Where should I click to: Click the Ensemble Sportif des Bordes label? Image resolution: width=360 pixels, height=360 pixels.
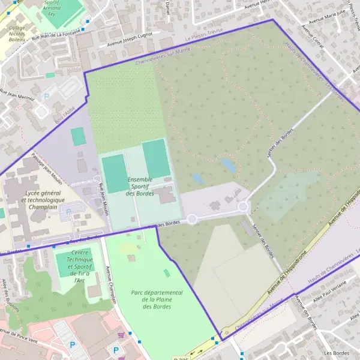[140, 186]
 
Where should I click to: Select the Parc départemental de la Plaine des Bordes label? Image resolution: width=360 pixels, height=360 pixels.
[156, 299]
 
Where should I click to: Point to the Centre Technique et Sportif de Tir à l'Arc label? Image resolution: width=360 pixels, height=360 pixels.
[79, 266]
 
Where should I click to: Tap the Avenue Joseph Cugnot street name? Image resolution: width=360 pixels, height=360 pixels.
[131, 41]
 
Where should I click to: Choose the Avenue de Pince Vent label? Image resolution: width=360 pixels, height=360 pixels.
[19, 332]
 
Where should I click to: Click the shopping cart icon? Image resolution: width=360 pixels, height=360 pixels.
[122, 335]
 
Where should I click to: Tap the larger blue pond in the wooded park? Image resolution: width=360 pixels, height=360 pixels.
[229, 164]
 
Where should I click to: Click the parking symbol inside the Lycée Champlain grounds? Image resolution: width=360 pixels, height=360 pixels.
[69, 211]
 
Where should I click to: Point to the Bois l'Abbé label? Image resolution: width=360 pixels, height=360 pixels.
[62, 109]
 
